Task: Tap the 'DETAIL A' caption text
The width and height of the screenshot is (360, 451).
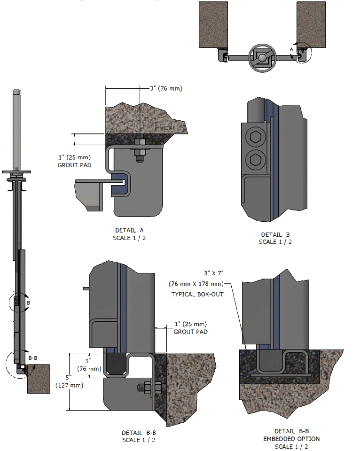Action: point(129,230)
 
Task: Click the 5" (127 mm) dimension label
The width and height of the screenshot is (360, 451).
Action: point(70,381)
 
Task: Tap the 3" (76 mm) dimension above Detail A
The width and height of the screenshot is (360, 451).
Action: point(165,88)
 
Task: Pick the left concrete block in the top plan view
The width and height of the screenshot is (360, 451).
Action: point(214,24)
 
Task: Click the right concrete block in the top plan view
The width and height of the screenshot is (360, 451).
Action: point(311,24)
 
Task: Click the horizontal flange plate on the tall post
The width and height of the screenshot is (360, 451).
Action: point(16,172)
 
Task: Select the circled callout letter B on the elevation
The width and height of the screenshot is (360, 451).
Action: point(28,303)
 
